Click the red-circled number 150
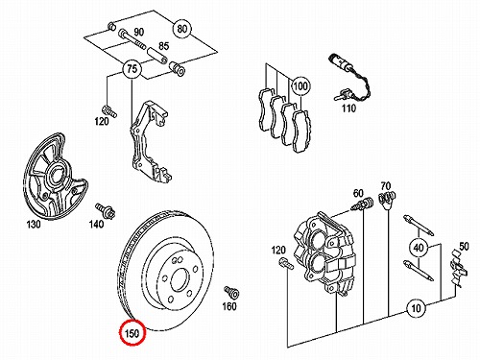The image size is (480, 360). [x=132, y=333]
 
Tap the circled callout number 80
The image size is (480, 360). [x=181, y=29]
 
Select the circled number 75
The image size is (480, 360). [x=132, y=69]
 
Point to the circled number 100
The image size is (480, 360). [x=300, y=86]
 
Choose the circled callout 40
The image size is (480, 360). [x=419, y=248]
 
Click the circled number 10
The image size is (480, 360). [x=416, y=308]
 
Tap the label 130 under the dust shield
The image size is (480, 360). [x=34, y=225]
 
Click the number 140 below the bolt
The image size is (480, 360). [x=96, y=224]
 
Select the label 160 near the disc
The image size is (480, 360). [x=229, y=306]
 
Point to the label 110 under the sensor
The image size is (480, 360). [x=348, y=108]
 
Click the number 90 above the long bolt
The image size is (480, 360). [x=139, y=32]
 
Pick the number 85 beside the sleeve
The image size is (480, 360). [x=163, y=46]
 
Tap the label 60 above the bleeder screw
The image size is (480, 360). [x=358, y=193]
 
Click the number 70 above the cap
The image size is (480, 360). [x=386, y=185]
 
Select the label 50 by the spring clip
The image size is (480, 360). [x=464, y=247]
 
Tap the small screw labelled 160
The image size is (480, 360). [x=231, y=292]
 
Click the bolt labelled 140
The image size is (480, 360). [x=106, y=210]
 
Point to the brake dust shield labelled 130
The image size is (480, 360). [x=54, y=177]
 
